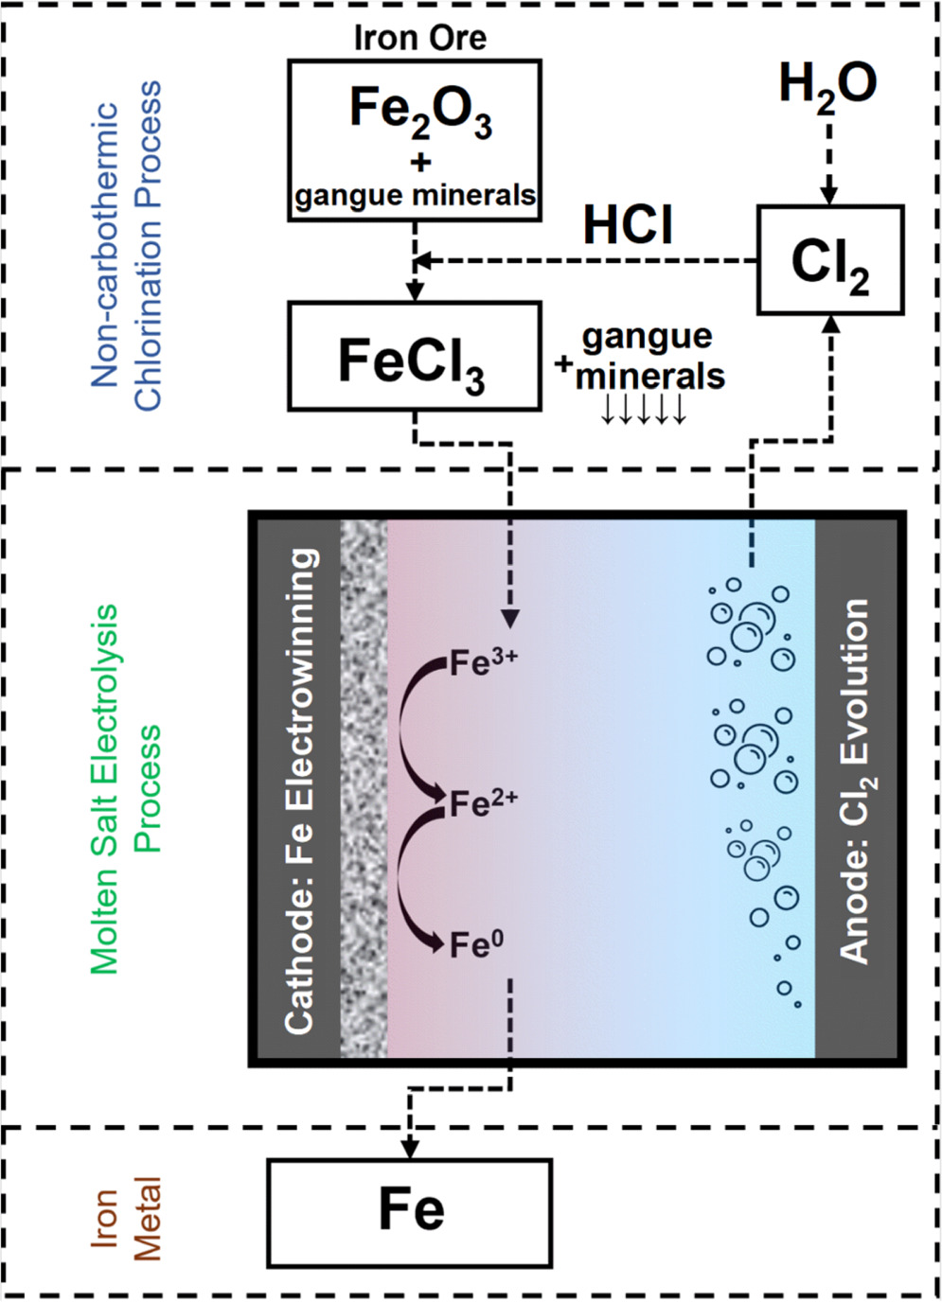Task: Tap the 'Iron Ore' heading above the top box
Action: tap(419, 38)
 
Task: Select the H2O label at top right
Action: tap(827, 86)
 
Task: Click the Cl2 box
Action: tap(830, 261)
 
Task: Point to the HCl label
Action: tap(628, 226)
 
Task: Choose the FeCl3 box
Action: tap(414, 358)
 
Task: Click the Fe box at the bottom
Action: tap(410, 1211)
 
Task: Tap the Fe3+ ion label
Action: tap(483, 662)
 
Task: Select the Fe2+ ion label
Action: tap(483, 803)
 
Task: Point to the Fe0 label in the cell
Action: tap(476, 944)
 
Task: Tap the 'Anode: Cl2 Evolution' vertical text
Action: tap(855, 781)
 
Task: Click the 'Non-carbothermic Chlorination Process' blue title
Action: tap(126, 246)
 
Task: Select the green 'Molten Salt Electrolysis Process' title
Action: tap(126, 790)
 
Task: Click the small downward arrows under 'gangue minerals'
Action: tap(644, 411)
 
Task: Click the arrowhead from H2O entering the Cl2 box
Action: tap(828, 195)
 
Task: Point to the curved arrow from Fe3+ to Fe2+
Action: tap(407, 729)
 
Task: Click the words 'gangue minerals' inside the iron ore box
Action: tap(415, 196)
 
